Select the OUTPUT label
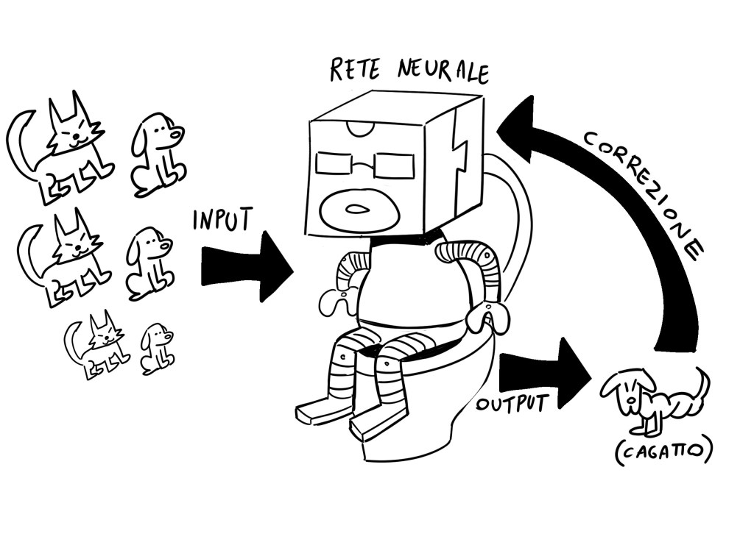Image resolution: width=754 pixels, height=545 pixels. tap(512, 403)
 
